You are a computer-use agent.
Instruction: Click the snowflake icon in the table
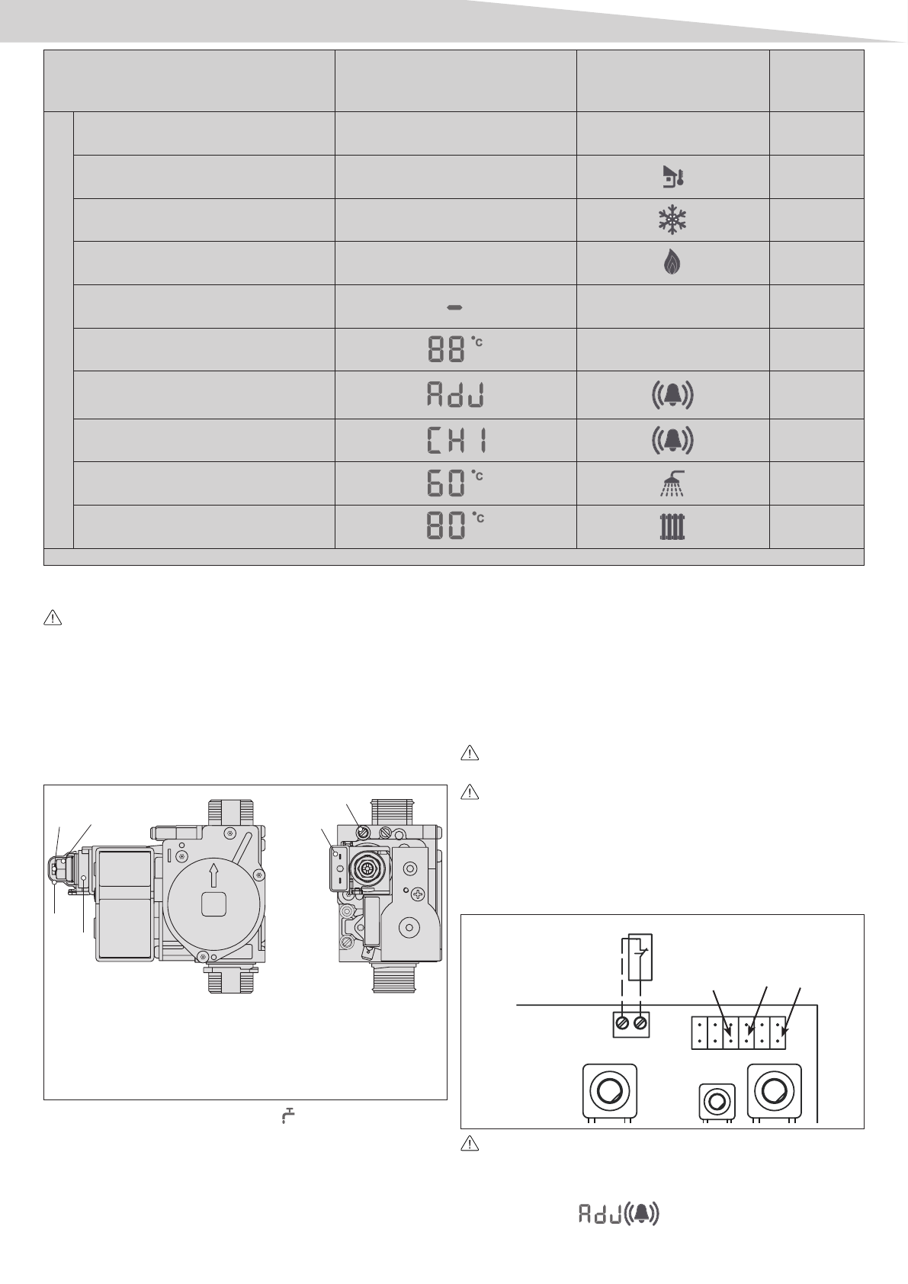(x=672, y=220)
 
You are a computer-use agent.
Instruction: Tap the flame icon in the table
(x=672, y=263)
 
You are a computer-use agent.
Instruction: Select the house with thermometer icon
(x=673, y=177)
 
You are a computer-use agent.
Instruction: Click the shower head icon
(x=672, y=483)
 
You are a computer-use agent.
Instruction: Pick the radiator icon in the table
(x=672, y=527)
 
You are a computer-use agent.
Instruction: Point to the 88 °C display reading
(x=455, y=348)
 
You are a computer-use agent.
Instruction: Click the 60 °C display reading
(x=455, y=483)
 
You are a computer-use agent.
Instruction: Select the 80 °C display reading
(x=455, y=525)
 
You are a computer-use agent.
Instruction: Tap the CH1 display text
(x=457, y=440)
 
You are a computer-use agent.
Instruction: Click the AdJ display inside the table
(x=456, y=394)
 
